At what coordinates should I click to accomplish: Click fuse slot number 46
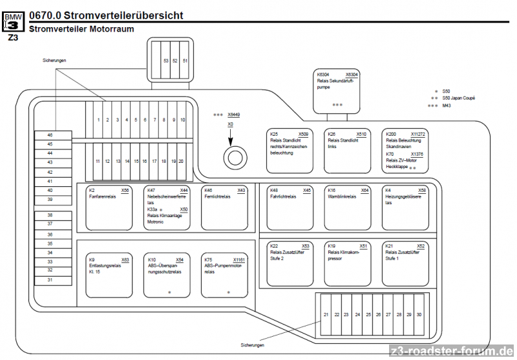pos(50,135)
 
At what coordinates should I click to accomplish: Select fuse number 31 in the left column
pos(50,280)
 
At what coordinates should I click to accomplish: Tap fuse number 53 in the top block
pos(166,60)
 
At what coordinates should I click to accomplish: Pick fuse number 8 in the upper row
pos(164,120)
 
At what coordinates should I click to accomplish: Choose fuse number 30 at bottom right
pos(419,314)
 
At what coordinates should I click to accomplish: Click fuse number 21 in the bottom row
pos(326,314)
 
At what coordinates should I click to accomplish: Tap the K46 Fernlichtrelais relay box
pos(224,207)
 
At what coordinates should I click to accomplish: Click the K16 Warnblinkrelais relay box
pos(347,207)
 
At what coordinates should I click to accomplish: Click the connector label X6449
pos(234,114)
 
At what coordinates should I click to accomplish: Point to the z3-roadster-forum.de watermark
pos(452,351)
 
